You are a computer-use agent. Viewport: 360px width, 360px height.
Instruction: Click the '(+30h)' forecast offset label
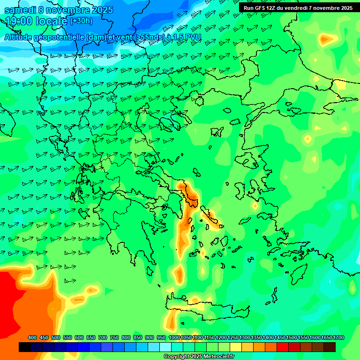tap(82, 21)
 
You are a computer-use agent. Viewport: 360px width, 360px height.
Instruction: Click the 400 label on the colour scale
tap(32, 337)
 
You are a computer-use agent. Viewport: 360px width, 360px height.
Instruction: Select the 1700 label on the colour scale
tap(338, 337)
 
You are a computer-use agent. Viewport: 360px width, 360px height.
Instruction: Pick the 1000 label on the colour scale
tap(174, 337)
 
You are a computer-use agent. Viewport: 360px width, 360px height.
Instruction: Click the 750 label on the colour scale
tap(114, 337)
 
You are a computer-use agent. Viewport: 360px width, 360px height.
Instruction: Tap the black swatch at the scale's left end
tap(25, 347)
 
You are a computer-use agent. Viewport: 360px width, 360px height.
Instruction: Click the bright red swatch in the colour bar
tap(283, 347)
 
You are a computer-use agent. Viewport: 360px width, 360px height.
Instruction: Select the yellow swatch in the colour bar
tap(236, 347)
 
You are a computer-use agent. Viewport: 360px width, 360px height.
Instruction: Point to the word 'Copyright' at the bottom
tap(177, 357)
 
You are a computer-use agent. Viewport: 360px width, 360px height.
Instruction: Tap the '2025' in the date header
tap(101, 10)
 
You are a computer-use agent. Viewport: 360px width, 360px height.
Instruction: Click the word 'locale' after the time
tap(53, 21)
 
